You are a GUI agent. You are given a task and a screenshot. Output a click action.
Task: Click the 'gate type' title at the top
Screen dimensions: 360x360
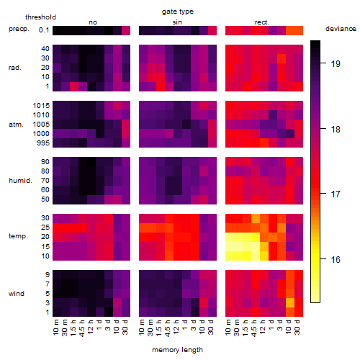point(178,12)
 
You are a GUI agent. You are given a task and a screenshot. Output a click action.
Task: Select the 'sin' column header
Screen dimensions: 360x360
point(177,22)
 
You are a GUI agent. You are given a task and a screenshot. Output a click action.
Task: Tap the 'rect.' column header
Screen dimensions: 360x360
point(262,22)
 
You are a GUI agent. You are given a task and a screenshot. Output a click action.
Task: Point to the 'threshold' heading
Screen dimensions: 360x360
point(40,17)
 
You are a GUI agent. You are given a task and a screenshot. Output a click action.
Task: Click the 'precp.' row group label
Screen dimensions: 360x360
point(19,29)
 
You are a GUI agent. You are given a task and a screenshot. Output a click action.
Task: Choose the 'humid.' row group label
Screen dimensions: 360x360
point(20,181)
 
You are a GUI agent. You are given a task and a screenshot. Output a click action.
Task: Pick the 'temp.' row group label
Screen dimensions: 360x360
point(18,236)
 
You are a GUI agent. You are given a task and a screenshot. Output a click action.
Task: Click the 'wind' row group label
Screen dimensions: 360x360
point(17,294)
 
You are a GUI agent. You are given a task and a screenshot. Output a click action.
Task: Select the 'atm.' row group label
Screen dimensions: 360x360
point(16,125)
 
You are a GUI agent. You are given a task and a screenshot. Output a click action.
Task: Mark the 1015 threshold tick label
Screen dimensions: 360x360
point(41,106)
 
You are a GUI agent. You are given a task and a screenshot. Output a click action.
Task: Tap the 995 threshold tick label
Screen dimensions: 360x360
point(43,143)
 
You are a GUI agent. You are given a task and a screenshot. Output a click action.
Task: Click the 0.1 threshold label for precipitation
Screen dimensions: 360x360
point(44,30)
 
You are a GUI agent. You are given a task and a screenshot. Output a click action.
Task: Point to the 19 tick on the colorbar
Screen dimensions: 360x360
point(336,64)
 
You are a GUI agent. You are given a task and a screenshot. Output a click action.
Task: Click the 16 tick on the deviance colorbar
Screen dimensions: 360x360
point(336,259)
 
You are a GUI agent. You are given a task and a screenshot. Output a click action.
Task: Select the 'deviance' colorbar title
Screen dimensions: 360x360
point(341,29)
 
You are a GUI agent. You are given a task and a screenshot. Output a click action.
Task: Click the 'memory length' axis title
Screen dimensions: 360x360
point(177,350)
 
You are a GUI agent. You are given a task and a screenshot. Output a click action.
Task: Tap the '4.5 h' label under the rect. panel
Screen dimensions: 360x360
point(254,328)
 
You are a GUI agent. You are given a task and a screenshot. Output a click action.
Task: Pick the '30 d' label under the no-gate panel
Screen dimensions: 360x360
point(125,327)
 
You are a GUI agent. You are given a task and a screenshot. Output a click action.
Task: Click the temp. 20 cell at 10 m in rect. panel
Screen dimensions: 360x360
point(230,237)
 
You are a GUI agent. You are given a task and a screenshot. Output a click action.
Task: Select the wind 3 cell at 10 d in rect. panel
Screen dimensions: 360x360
point(290,303)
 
